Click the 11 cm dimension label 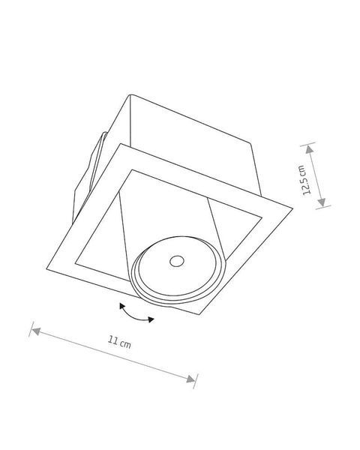(x=119, y=342)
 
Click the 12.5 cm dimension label (x=306, y=180)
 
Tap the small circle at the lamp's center (x=177, y=261)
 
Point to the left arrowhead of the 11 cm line (x=36, y=331)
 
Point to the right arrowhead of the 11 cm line (x=190, y=379)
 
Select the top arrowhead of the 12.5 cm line (x=309, y=149)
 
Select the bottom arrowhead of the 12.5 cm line (x=322, y=202)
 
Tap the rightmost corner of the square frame (x=292, y=208)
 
